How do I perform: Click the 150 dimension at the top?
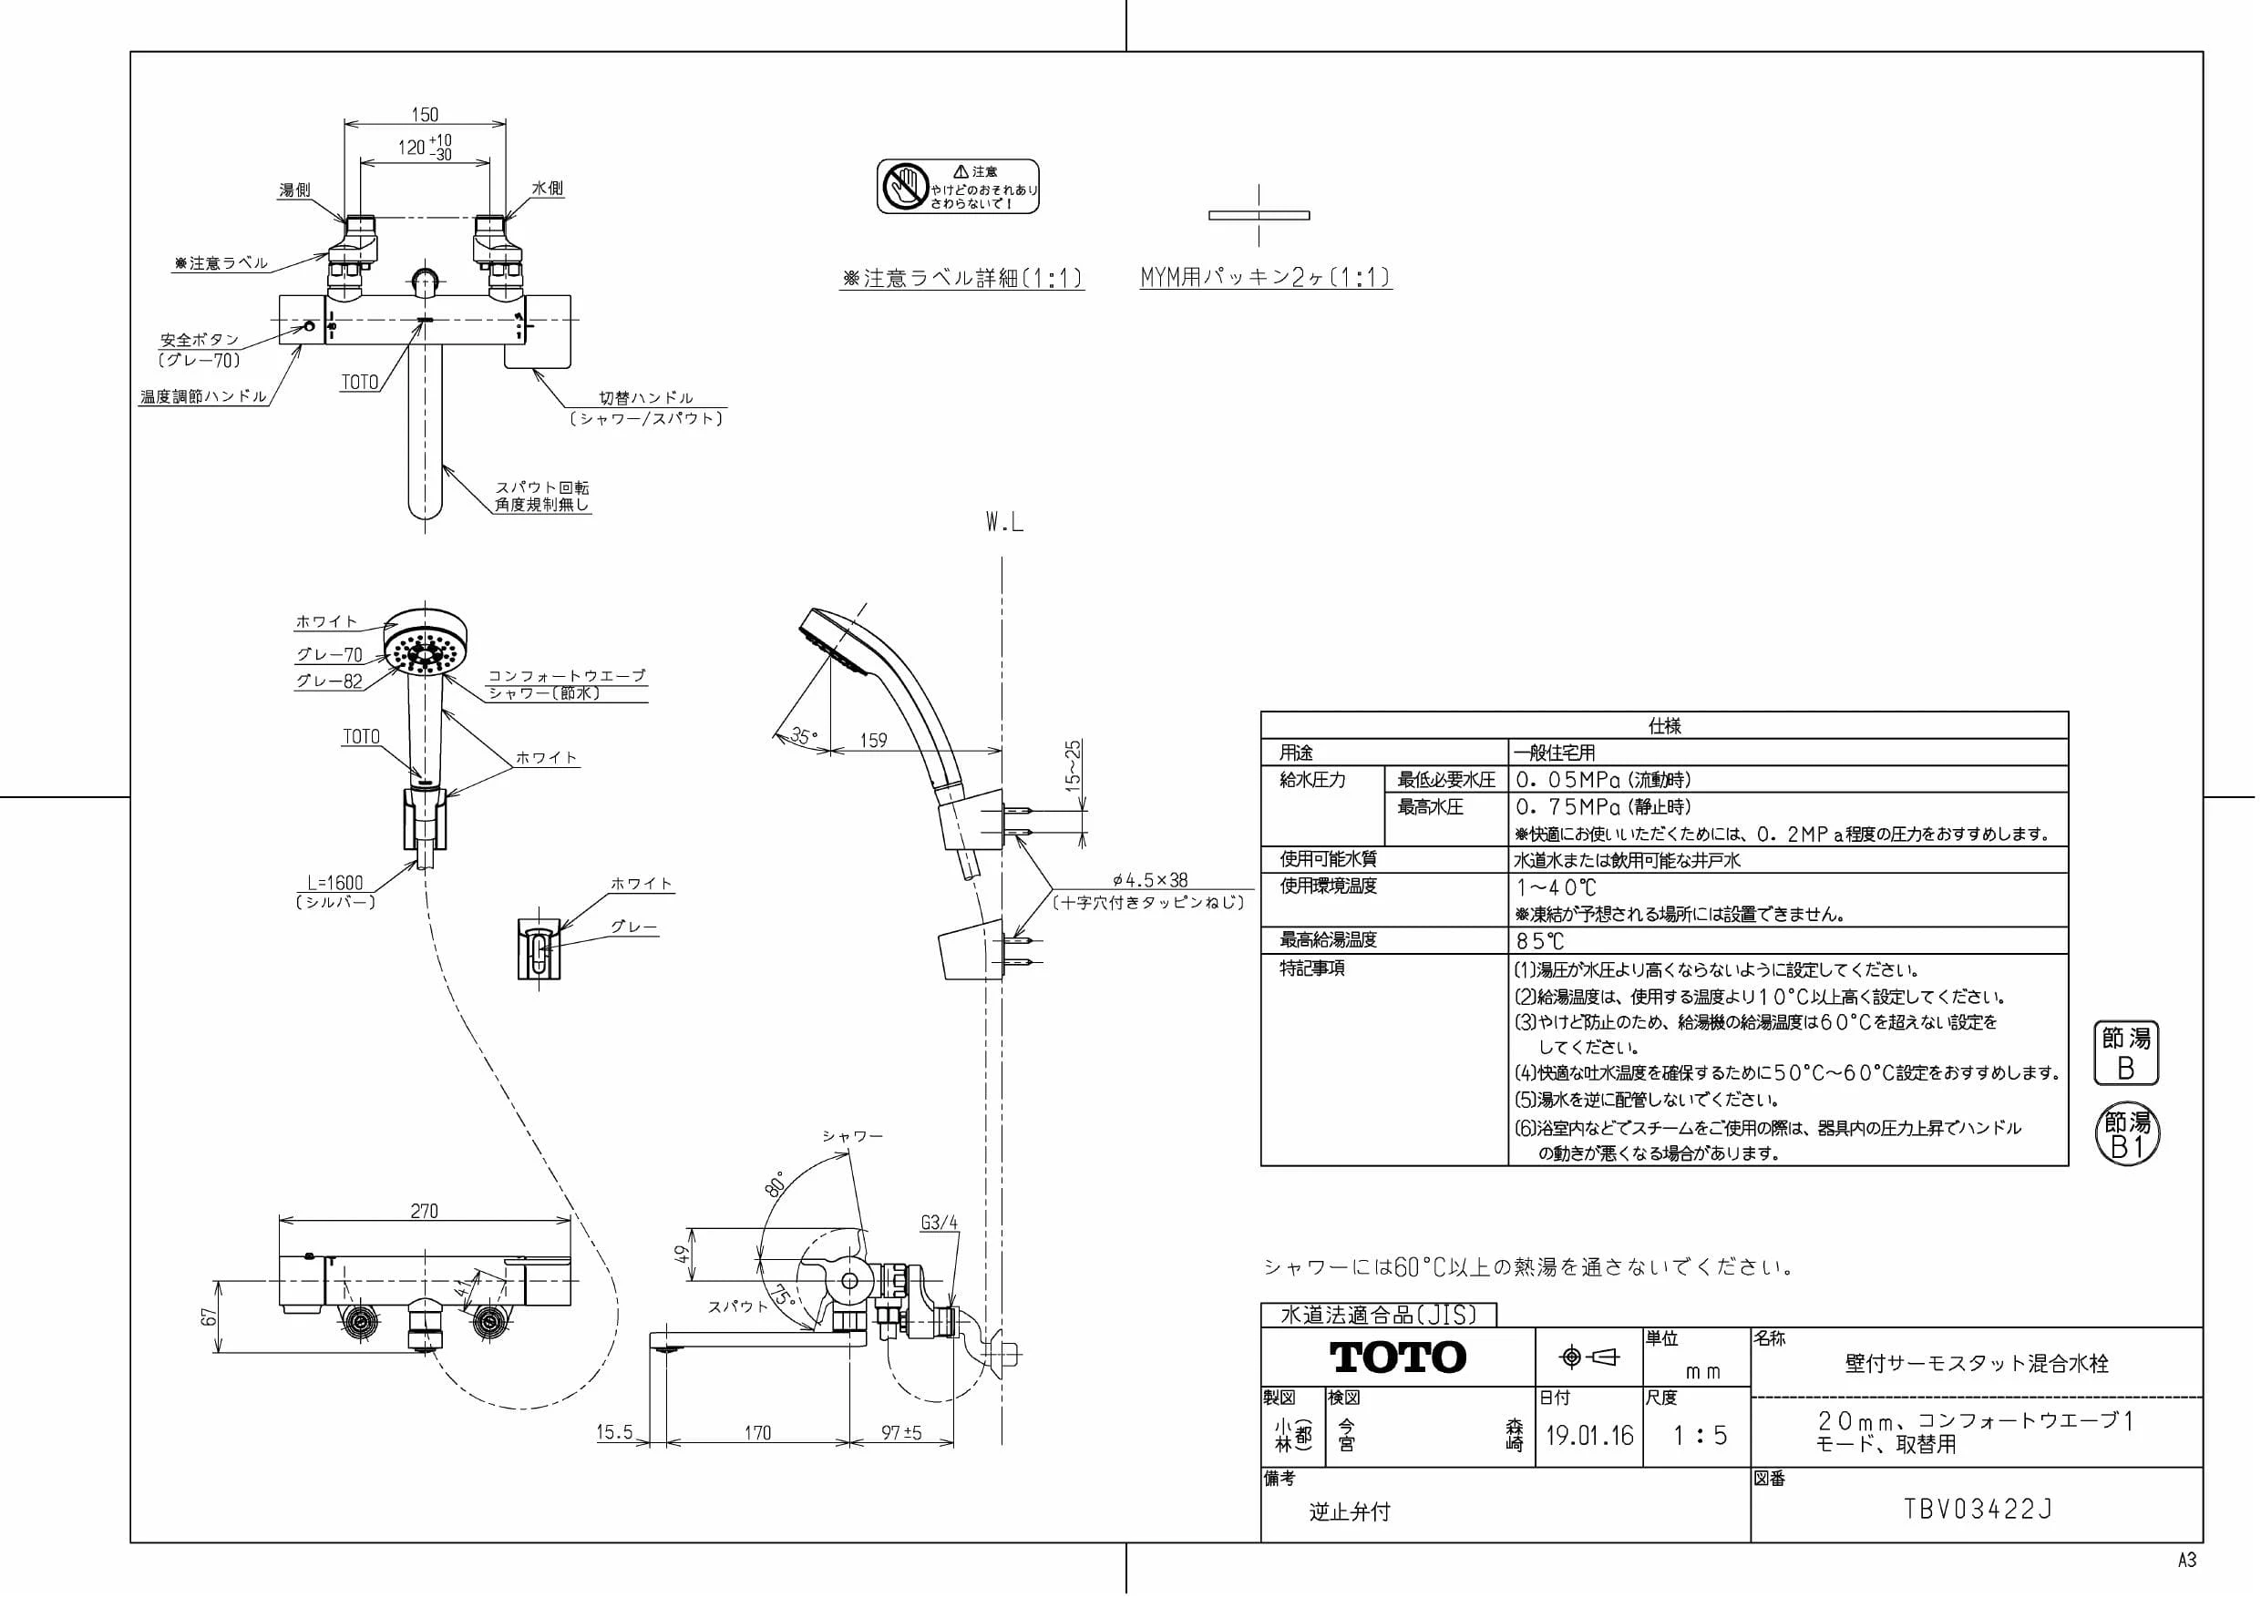click(425, 114)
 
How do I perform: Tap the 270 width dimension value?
click(425, 1211)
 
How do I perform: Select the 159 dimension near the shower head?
click(873, 740)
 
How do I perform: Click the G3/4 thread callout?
click(940, 1223)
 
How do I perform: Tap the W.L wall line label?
click(1004, 523)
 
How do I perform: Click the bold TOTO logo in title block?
click(1398, 1357)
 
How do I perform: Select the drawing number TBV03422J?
click(1978, 1510)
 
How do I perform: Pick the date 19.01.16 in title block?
click(1589, 1436)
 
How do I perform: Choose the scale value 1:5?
click(1701, 1436)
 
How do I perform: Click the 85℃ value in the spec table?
click(1540, 940)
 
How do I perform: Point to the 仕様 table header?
click(1664, 725)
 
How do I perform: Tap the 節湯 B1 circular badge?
click(2127, 1135)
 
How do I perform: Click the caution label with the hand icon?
click(958, 186)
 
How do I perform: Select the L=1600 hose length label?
click(334, 883)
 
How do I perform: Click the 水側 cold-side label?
click(548, 188)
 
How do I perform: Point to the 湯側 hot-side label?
click(294, 189)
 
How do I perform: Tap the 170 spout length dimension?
click(757, 1432)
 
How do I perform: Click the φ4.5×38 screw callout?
click(1149, 881)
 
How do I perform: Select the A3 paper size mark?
click(2186, 1561)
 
